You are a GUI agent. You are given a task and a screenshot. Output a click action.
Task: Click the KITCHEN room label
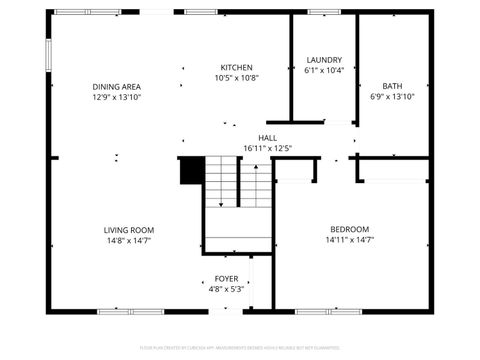(x=236, y=67)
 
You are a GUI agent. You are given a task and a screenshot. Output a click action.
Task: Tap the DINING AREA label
(x=116, y=87)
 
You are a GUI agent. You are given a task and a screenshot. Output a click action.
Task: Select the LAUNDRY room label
(x=324, y=60)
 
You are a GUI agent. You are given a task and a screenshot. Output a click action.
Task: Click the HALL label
(x=267, y=138)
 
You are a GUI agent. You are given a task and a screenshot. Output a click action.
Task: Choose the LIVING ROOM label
(x=129, y=230)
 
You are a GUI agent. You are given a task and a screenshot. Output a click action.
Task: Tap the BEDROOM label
(x=349, y=229)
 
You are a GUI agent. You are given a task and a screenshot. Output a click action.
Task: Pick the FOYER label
(x=226, y=279)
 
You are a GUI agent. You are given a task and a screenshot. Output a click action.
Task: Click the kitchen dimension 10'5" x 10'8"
(x=236, y=78)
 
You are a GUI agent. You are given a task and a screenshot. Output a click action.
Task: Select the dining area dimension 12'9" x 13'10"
(x=116, y=97)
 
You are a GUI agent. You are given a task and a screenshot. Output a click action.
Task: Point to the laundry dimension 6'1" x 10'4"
(x=324, y=71)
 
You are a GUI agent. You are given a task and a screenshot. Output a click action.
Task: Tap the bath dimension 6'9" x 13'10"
(x=392, y=97)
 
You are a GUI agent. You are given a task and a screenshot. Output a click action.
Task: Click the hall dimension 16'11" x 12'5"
(x=267, y=149)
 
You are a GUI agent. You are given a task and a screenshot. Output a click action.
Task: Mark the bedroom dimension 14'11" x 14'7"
(x=349, y=240)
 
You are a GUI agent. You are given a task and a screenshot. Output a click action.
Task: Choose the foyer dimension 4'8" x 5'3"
(x=226, y=289)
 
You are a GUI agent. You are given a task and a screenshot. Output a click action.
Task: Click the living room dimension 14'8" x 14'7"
(x=129, y=240)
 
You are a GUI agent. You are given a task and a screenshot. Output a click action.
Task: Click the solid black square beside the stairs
(x=190, y=172)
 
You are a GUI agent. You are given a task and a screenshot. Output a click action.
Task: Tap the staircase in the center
(x=238, y=200)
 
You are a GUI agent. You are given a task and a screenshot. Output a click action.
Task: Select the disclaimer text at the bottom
(x=240, y=349)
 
